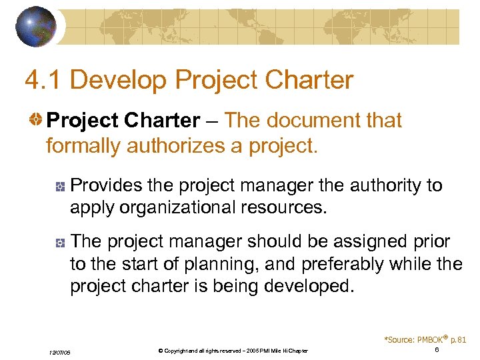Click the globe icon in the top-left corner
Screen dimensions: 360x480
[36, 26]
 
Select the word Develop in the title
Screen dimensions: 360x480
[112, 81]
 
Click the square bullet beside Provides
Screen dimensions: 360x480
[59, 187]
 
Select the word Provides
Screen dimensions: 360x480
[107, 185]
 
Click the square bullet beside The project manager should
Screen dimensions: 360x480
[59, 243]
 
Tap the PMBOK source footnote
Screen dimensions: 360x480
[425, 339]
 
